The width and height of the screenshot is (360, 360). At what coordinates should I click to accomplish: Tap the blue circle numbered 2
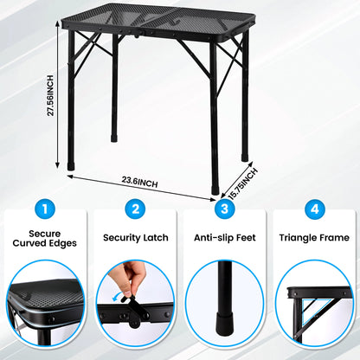(134, 209)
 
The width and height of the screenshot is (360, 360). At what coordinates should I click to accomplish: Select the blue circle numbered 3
(224, 209)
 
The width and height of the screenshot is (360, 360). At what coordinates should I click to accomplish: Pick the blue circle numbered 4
(314, 209)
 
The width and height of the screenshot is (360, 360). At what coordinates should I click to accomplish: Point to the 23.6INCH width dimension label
(139, 182)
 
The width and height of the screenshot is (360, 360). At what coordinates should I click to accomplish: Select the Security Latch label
(134, 237)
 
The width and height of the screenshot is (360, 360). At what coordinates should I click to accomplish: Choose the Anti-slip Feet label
(224, 237)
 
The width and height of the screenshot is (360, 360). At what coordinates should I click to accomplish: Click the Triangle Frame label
(314, 237)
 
